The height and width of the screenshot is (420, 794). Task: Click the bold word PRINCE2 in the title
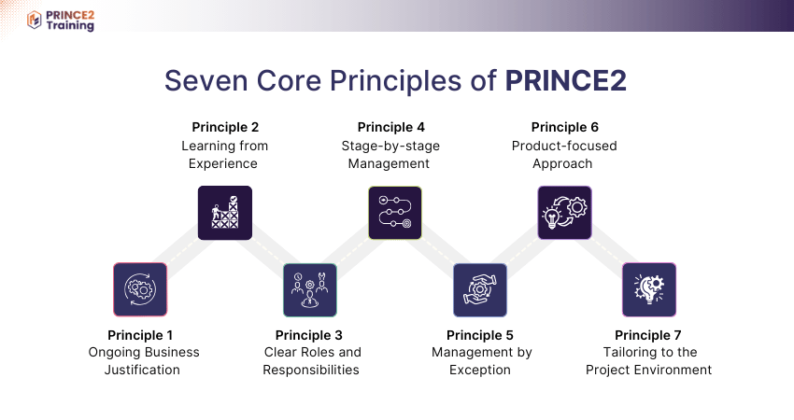click(565, 81)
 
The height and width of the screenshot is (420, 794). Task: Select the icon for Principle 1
click(140, 289)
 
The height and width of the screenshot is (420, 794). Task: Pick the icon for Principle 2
click(225, 214)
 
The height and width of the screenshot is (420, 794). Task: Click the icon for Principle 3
click(310, 289)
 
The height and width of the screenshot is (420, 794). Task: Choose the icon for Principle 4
click(394, 214)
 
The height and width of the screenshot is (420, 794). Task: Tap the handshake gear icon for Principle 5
click(480, 289)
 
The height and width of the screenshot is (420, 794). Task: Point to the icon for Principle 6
click(564, 214)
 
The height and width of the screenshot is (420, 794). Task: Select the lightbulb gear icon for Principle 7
click(649, 289)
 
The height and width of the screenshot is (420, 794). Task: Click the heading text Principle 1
click(140, 335)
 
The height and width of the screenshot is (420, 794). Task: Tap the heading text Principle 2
click(225, 127)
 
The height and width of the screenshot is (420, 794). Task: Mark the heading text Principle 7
click(648, 335)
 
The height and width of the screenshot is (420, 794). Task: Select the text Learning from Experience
click(224, 154)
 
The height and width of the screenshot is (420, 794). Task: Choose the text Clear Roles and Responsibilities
click(311, 361)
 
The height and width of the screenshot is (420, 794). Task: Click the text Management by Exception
click(481, 361)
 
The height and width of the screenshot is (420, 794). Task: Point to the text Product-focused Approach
click(564, 154)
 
